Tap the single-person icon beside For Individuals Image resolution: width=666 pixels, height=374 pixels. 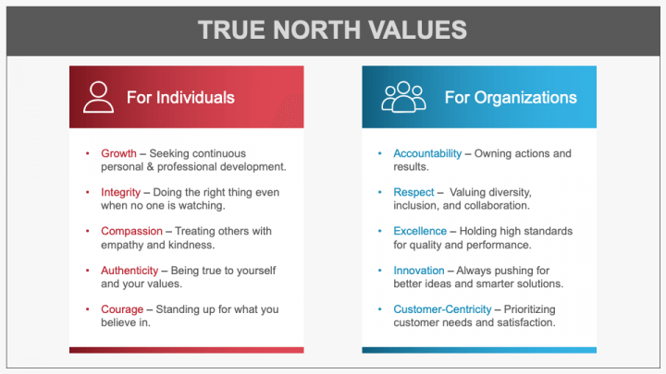click(x=97, y=97)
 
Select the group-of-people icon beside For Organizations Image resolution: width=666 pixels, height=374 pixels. click(x=402, y=97)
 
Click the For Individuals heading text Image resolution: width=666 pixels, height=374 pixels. click(x=180, y=97)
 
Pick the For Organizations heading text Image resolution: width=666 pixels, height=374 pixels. click(x=511, y=97)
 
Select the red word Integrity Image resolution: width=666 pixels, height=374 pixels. click(x=122, y=192)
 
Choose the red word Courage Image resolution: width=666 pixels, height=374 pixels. click(x=122, y=308)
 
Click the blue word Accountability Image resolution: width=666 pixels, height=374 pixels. click(x=434, y=152)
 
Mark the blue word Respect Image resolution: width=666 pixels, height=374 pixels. click(x=413, y=192)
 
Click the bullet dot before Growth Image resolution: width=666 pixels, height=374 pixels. click(x=88, y=152)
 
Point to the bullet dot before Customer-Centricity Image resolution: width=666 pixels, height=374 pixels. click(x=380, y=308)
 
